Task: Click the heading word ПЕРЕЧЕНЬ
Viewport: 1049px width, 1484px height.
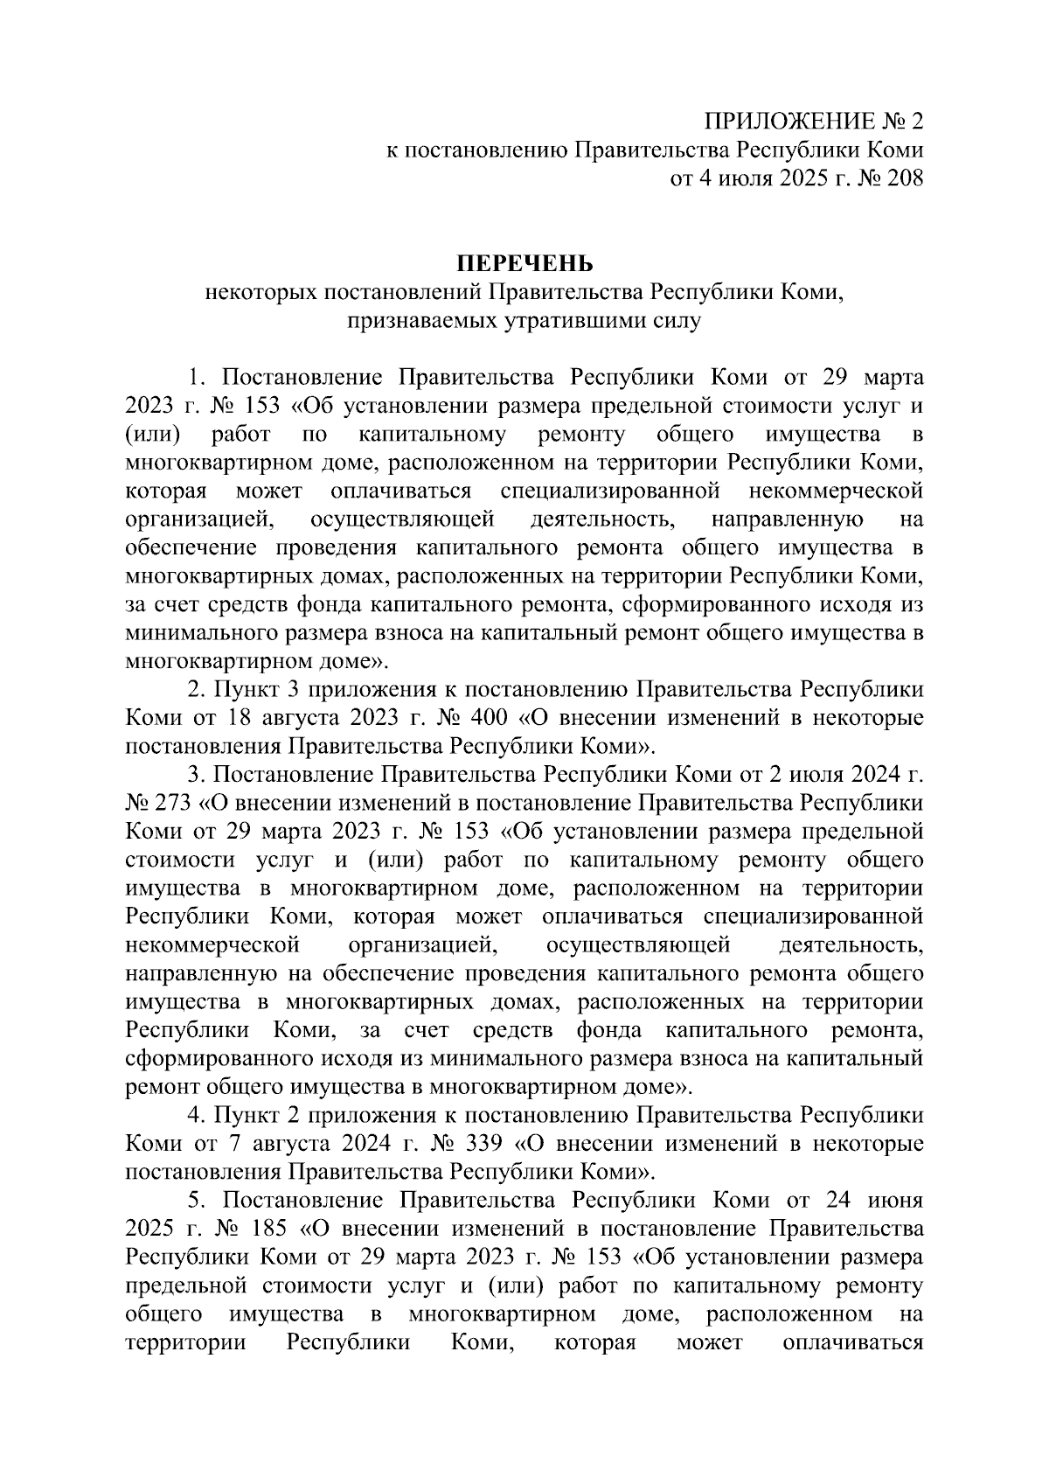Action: pyautogui.click(x=524, y=263)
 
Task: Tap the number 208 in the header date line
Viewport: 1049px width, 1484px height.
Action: pyautogui.click(x=903, y=178)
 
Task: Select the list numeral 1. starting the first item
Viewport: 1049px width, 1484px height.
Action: pyautogui.click(x=196, y=378)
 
